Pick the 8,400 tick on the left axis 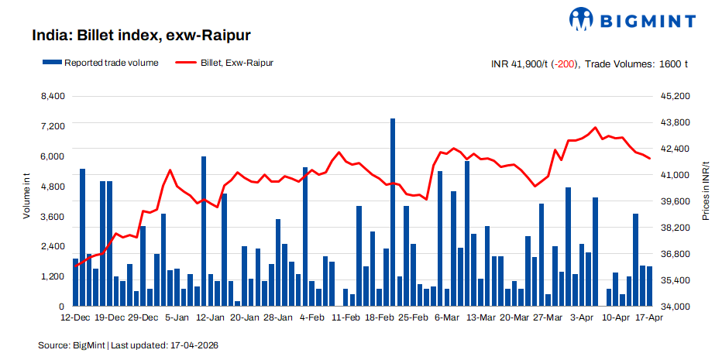[x=53, y=96]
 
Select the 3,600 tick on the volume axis [x=53, y=216]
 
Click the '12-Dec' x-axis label [x=75, y=317]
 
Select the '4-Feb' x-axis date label [x=311, y=317]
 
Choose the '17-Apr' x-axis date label [x=648, y=317]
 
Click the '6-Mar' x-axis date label [x=447, y=317]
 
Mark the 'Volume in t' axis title [x=26, y=197]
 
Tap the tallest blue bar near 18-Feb [x=393, y=213]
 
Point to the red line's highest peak [x=595, y=128]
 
